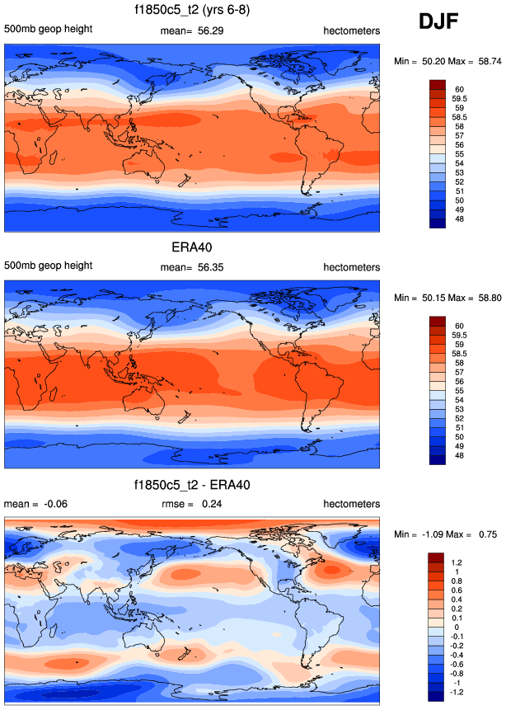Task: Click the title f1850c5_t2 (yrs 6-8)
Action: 192,11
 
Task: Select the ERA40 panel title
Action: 192,247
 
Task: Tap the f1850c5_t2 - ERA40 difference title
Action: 192,485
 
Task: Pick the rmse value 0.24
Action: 213,504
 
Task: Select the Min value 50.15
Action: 437,297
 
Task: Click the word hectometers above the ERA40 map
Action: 351,267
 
